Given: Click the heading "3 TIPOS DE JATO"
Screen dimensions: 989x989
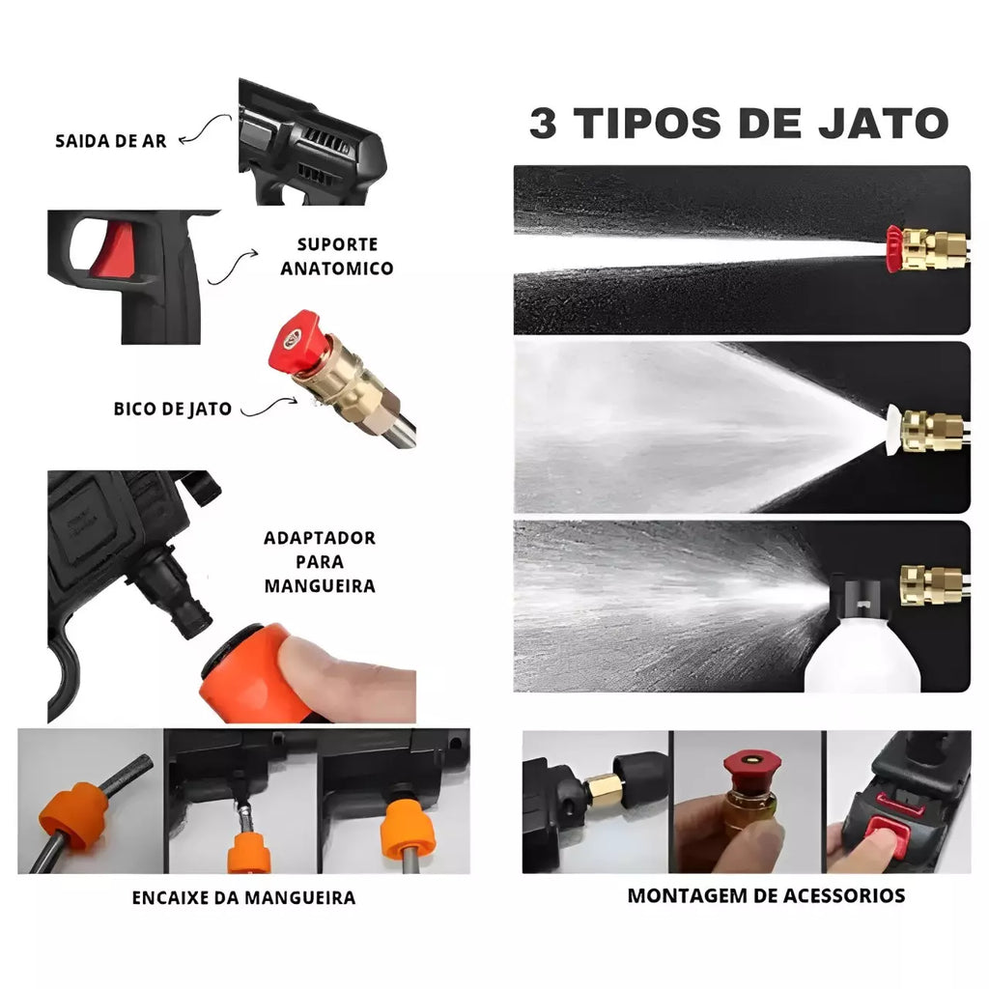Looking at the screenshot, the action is click(739, 123).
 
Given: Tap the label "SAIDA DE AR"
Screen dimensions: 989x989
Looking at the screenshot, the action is click(111, 141).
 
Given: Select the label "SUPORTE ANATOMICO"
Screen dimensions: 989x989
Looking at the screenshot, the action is click(337, 256).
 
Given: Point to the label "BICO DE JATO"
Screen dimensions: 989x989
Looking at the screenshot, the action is click(172, 409).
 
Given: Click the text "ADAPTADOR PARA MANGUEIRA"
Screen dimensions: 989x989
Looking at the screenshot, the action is click(320, 562).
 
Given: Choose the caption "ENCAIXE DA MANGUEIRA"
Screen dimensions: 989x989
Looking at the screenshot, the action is click(243, 897).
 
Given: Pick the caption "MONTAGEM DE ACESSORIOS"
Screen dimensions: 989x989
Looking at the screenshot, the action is click(766, 895).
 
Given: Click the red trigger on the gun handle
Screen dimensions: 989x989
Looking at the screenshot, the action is click(116, 250).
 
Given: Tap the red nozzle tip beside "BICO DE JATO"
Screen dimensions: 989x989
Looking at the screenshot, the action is click(296, 340).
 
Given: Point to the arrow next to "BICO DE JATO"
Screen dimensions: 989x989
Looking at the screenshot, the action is click(268, 409).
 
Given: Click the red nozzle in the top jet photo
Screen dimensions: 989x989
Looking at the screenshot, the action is click(894, 249).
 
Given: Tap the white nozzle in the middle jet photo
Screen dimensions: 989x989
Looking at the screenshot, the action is click(893, 430).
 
